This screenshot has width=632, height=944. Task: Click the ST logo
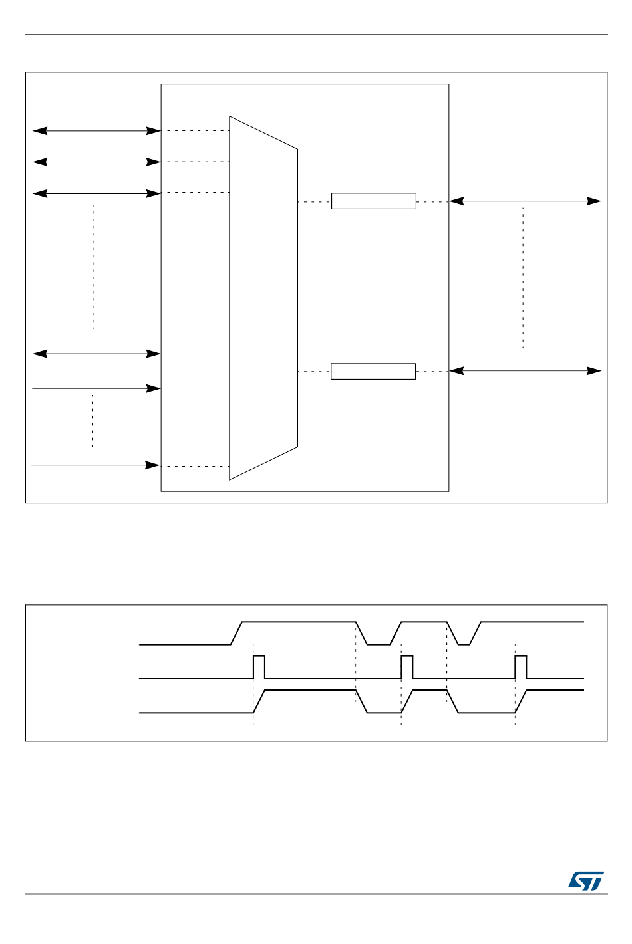[586, 880]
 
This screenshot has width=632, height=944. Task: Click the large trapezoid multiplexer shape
[263, 298]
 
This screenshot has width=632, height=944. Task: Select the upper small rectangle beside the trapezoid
[373, 201]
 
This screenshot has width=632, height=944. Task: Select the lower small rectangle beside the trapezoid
[373, 371]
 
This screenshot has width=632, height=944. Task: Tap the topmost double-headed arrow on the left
[96, 131]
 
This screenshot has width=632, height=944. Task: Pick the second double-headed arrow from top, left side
[96, 162]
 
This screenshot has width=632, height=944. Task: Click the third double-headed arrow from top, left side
[96, 193]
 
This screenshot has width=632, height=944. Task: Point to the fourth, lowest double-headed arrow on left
[96, 354]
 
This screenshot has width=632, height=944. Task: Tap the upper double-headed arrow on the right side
[525, 201]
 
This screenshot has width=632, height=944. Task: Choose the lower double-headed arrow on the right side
[525, 370]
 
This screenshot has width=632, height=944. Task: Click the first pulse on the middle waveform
[259, 667]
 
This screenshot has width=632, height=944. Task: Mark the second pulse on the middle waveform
[406, 667]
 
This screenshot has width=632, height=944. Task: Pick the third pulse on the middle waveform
[521, 667]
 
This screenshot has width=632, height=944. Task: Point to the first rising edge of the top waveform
[236, 633]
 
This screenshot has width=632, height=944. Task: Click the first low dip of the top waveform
[379, 644]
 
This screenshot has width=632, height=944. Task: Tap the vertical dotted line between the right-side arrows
[523, 278]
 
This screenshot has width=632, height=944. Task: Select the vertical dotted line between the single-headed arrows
[92, 420]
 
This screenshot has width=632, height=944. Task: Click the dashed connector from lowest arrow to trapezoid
[195, 467]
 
